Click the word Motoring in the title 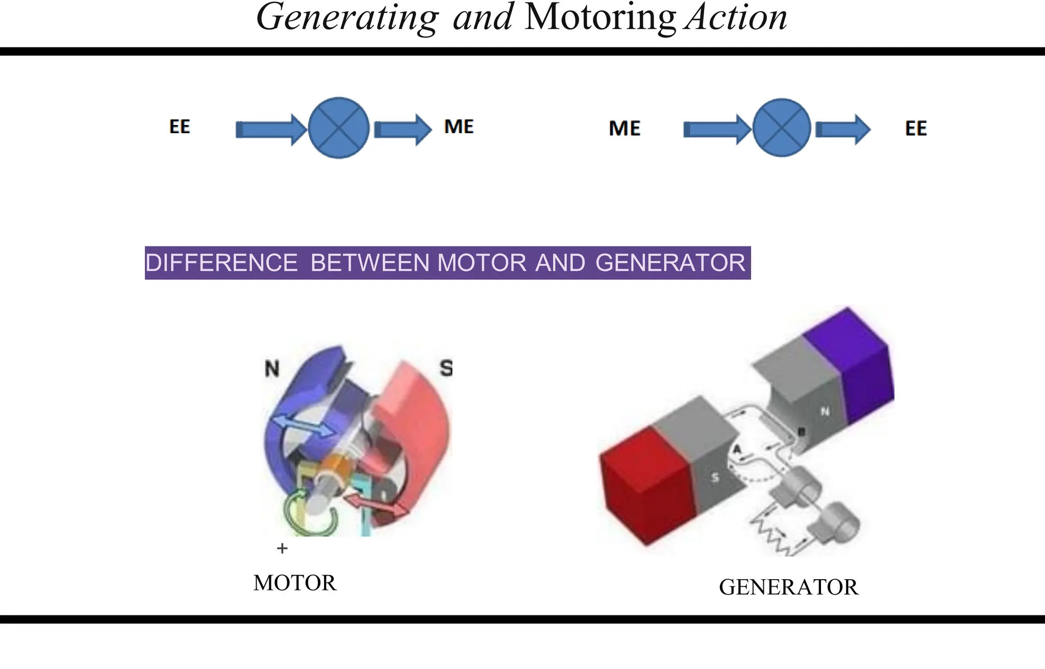tap(600, 18)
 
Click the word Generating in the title tap(347, 18)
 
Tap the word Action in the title tap(736, 18)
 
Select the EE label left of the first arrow tap(180, 127)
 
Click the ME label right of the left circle tap(459, 127)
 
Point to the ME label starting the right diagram tap(625, 128)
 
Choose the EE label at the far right tap(915, 128)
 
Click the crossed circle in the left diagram tap(338, 128)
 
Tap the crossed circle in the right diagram tap(781, 128)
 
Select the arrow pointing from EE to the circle tap(270, 130)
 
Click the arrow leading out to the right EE tap(842, 130)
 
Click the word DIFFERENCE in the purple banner tap(221, 263)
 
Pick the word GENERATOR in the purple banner tap(670, 263)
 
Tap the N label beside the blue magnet tap(272, 368)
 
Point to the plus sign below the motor tap(282, 548)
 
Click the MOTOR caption tap(295, 583)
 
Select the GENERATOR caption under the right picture tap(788, 587)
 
